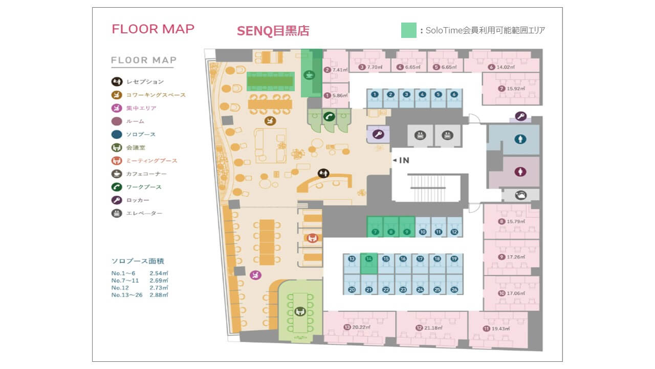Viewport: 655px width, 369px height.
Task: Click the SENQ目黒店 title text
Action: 273,31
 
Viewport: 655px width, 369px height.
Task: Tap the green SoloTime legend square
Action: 408,30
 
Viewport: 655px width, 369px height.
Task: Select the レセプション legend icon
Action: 117,81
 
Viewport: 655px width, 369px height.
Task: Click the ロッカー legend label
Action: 138,200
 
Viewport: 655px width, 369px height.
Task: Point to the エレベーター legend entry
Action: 144,213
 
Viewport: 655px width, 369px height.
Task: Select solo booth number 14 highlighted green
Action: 368,259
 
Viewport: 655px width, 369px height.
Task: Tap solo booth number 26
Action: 454,290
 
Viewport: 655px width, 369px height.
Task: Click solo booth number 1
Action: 375,94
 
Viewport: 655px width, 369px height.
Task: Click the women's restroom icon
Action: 520,171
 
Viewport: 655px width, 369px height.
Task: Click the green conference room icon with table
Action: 300,311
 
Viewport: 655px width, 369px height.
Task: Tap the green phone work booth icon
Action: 329,116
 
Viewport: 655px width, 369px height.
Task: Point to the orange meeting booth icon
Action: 312,238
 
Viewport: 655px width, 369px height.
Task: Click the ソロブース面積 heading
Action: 138,261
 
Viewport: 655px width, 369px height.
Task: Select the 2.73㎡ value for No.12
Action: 159,288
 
